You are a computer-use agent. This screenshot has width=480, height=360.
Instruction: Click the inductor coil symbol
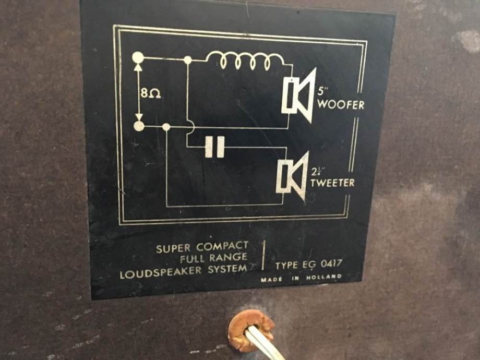[x=245, y=61]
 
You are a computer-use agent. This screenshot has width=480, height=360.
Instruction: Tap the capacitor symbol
[x=214, y=147]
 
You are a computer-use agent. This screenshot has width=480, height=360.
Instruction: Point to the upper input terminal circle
[x=138, y=57]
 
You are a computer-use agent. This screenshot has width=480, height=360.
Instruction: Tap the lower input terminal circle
[x=139, y=126]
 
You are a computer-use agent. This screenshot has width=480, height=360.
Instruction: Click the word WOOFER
[x=341, y=104]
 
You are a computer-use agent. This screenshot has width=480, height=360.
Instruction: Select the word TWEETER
[x=332, y=183]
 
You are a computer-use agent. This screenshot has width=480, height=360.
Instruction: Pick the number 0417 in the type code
[x=331, y=264]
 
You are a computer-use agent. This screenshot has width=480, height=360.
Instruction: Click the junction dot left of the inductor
[x=187, y=60]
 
